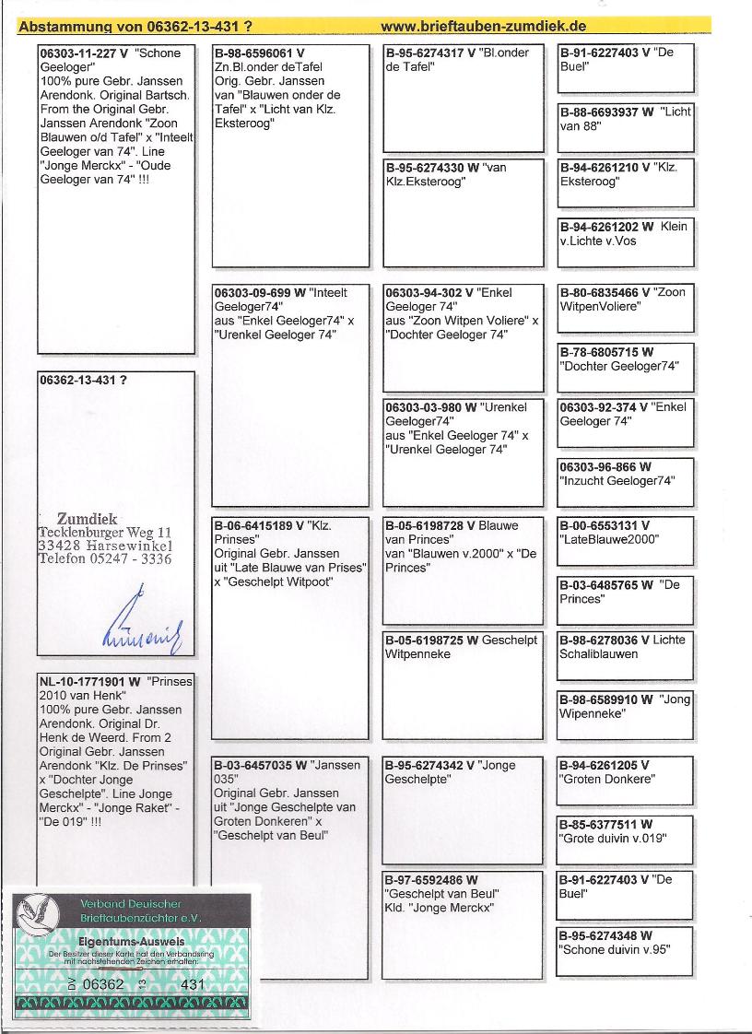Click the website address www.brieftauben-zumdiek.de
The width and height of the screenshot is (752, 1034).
(484, 27)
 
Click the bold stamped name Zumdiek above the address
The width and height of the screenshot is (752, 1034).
(87, 519)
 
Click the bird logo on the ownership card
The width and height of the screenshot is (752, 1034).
(41, 911)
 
